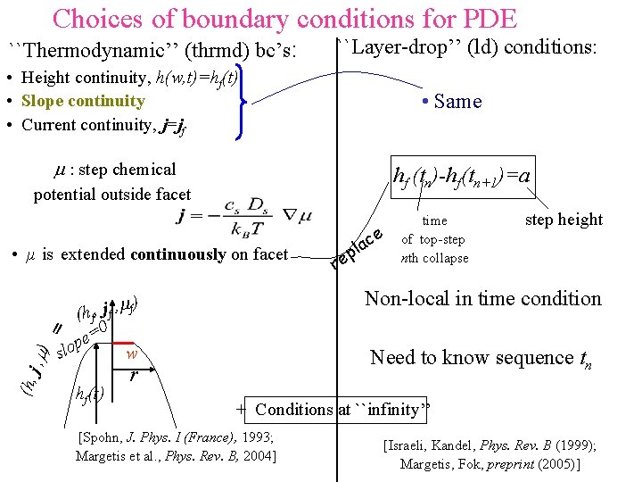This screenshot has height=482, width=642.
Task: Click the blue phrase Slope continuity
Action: [83, 101]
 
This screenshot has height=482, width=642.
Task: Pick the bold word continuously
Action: [177, 254]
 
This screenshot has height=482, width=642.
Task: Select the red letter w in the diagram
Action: [130, 353]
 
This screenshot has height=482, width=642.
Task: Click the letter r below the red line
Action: [133, 376]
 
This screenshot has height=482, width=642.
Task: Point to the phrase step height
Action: [564, 220]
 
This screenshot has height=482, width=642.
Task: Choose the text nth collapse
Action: [434, 258]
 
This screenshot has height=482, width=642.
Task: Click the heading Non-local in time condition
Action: [483, 298]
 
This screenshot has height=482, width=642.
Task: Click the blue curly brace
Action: [242, 101]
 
